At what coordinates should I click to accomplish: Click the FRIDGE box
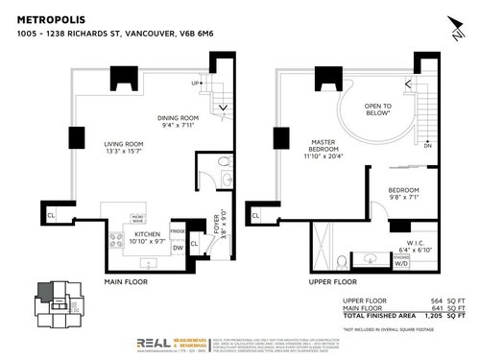[178, 232]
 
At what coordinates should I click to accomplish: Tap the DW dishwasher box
[178, 248]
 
